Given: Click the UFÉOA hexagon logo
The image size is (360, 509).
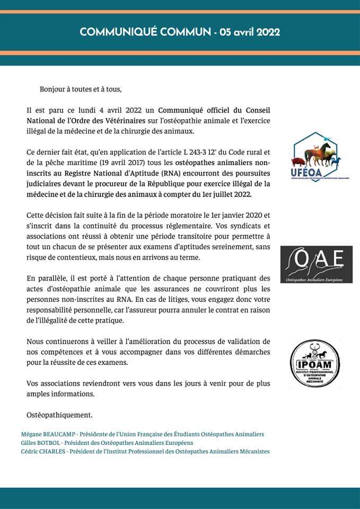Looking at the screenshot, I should pyautogui.click(x=316, y=157).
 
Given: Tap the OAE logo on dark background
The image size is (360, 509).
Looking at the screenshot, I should pyautogui.click(x=317, y=264).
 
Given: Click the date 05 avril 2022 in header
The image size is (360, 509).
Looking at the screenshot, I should pyautogui.click(x=250, y=32).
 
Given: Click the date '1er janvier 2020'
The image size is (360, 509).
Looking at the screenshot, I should pyautogui.click(x=226, y=215).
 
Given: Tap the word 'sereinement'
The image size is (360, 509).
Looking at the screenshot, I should pyautogui.click(x=233, y=247).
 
